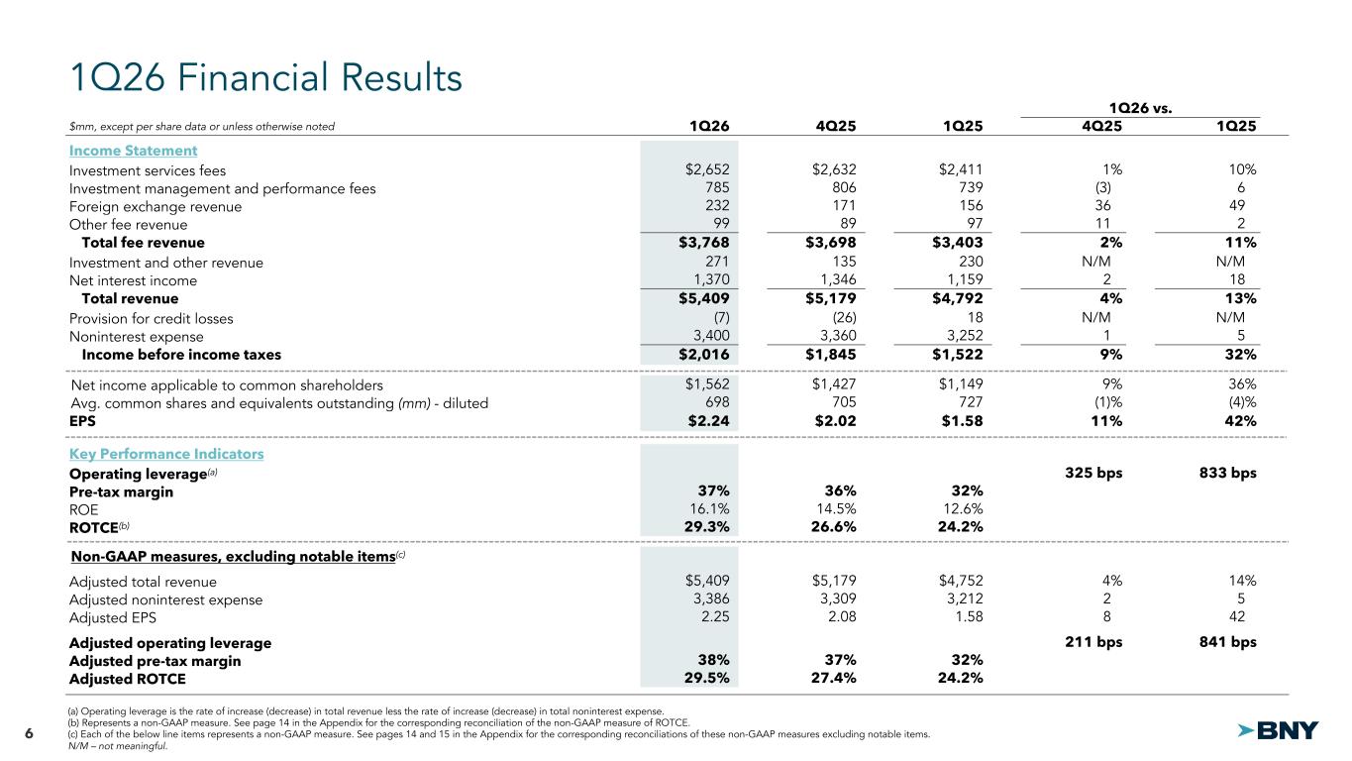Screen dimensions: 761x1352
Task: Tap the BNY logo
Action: tap(1279, 731)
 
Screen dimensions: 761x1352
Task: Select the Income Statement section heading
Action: tap(133, 151)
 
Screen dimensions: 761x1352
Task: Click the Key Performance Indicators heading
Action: tap(166, 454)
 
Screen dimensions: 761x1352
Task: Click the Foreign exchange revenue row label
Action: tap(156, 206)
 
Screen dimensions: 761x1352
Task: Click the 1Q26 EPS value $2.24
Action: tap(707, 420)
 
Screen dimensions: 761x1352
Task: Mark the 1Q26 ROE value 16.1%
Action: tap(708, 509)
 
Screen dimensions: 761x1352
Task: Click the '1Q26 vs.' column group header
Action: tap(1140, 107)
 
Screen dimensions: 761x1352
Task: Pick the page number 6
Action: tap(29, 733)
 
